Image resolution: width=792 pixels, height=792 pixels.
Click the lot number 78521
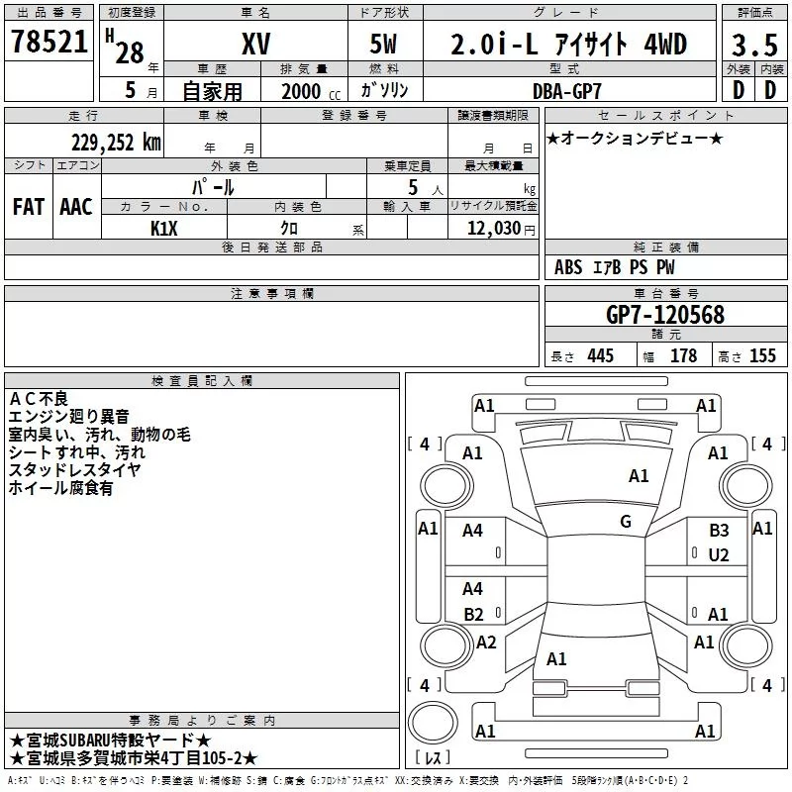coord(49,42)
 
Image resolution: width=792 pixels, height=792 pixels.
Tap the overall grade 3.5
coord(754,45)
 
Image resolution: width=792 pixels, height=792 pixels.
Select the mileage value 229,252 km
coord(116,143)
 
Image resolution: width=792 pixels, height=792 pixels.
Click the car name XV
coord(256,44)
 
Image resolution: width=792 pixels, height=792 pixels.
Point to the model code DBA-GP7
coord(567,91)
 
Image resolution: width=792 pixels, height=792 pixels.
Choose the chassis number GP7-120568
coord(665,315)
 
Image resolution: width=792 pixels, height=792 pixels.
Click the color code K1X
coord(164,229)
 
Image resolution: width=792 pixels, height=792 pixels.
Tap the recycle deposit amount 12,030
coord(494,229)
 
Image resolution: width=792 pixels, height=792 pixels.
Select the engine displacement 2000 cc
coord(311,91)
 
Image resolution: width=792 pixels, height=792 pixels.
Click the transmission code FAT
coord(29,207)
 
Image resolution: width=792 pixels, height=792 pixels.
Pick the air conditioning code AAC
coord(76,207)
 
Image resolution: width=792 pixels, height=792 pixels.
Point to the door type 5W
coord(383,44)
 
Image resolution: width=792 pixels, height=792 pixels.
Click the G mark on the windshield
coord(626,522)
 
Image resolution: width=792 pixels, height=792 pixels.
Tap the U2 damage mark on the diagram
coord(719,555)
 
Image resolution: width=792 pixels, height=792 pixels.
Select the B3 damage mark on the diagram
coord(719,531)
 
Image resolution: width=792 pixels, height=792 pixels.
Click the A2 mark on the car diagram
coord(486,643)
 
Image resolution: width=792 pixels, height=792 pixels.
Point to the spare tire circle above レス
coord(433,723)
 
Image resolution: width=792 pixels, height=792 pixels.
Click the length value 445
coord(601,356)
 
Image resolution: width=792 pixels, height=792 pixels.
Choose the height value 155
coord(762,356)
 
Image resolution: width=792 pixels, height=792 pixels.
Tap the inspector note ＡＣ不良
coord(39,399)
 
